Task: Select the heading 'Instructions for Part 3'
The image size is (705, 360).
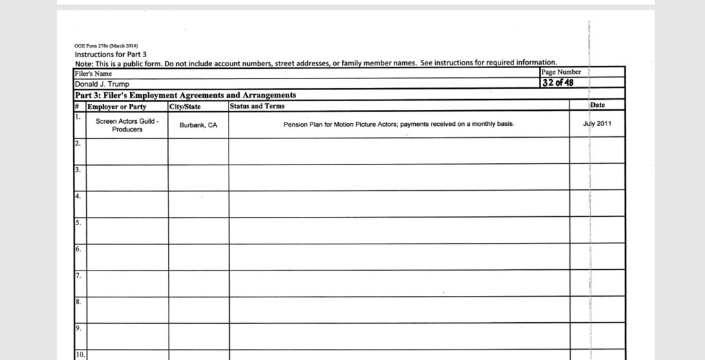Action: click(111, 54)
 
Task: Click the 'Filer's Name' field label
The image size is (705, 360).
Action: click(94, 74)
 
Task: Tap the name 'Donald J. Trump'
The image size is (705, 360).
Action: click(102, 84)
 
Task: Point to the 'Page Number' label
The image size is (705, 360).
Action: click(561, 72)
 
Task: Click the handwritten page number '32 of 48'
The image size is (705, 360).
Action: click(558, 83)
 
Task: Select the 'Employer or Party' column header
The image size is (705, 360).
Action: click(117, 107)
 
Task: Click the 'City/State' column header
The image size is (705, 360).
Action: click(185, 107)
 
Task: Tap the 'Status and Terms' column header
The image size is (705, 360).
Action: click(257, 106)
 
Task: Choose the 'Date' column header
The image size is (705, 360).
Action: click(598, 105)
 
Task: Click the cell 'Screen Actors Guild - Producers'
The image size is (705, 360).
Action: click(127, 125)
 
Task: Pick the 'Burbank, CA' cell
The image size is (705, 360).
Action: click(198, 125)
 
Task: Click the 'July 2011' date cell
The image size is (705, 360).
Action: click(597, 125)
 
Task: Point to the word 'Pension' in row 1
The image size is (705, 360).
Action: click(295, 125)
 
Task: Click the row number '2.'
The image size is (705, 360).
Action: click(78, 143)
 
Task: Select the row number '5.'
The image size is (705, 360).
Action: click(78, 222)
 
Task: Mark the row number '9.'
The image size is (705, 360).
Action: click(78, 328)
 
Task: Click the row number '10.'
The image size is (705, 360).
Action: click(80, 354)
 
